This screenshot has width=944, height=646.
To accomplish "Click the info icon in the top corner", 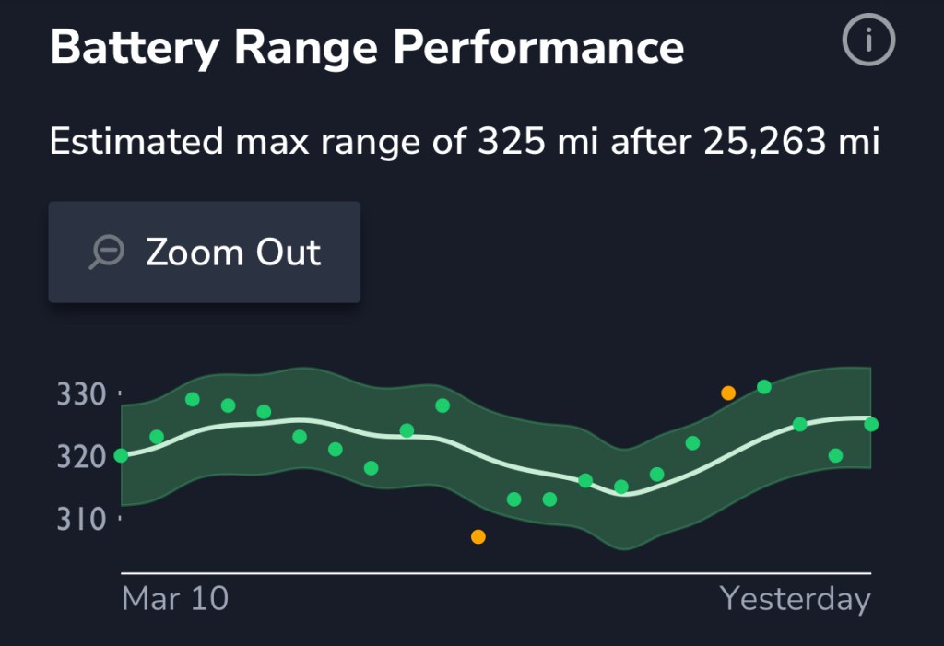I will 868,41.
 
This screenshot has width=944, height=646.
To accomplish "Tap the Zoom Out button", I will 204,252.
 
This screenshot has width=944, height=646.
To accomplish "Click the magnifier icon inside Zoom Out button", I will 107,252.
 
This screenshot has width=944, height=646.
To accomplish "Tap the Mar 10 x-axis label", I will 175,599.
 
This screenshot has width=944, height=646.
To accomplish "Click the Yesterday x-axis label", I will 795,599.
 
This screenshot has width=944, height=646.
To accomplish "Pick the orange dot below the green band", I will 478,536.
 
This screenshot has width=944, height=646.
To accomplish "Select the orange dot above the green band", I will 728,393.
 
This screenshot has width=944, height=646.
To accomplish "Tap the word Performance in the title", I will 538,46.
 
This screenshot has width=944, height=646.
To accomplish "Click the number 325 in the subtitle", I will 511,143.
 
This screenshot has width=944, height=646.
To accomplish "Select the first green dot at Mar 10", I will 121,455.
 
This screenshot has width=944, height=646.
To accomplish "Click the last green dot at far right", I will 871,424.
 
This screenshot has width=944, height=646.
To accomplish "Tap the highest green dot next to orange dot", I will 764,386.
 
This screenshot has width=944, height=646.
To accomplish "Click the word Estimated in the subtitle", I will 136,143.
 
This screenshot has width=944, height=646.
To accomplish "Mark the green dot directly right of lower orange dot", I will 514,499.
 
